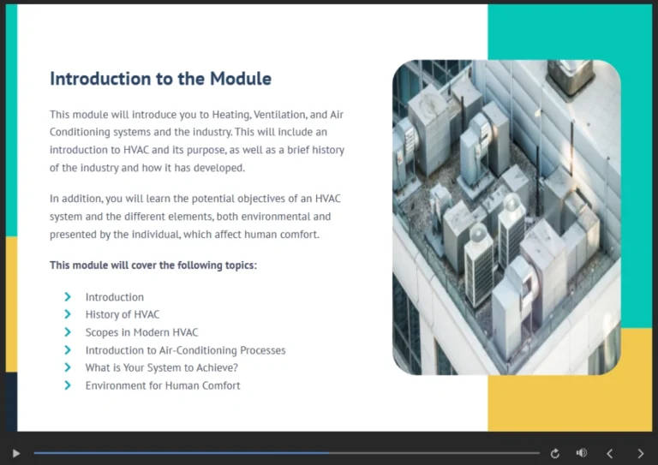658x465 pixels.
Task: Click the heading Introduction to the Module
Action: [160, 79]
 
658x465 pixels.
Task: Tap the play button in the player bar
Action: [15, 453]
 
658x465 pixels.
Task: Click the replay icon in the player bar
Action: [555, 453]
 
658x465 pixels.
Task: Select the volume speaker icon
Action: [582, 453]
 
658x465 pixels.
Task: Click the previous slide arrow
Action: [610, 453]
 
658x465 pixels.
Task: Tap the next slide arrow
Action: [640, 453]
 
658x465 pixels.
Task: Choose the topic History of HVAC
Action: [122, 314]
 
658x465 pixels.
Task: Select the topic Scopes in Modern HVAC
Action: [141, 332]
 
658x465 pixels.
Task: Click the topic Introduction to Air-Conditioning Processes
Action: [185, 350]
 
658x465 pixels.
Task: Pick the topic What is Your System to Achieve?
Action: [161, 367]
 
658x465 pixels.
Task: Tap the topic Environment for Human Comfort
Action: [163, 385]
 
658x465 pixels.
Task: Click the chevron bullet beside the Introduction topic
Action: [67, 297]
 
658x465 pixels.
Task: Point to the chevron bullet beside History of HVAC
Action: [67, 314]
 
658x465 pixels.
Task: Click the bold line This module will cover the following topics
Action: [153, 265]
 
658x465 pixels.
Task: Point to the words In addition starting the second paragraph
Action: [75, 199]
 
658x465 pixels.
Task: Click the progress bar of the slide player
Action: [286, 453]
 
